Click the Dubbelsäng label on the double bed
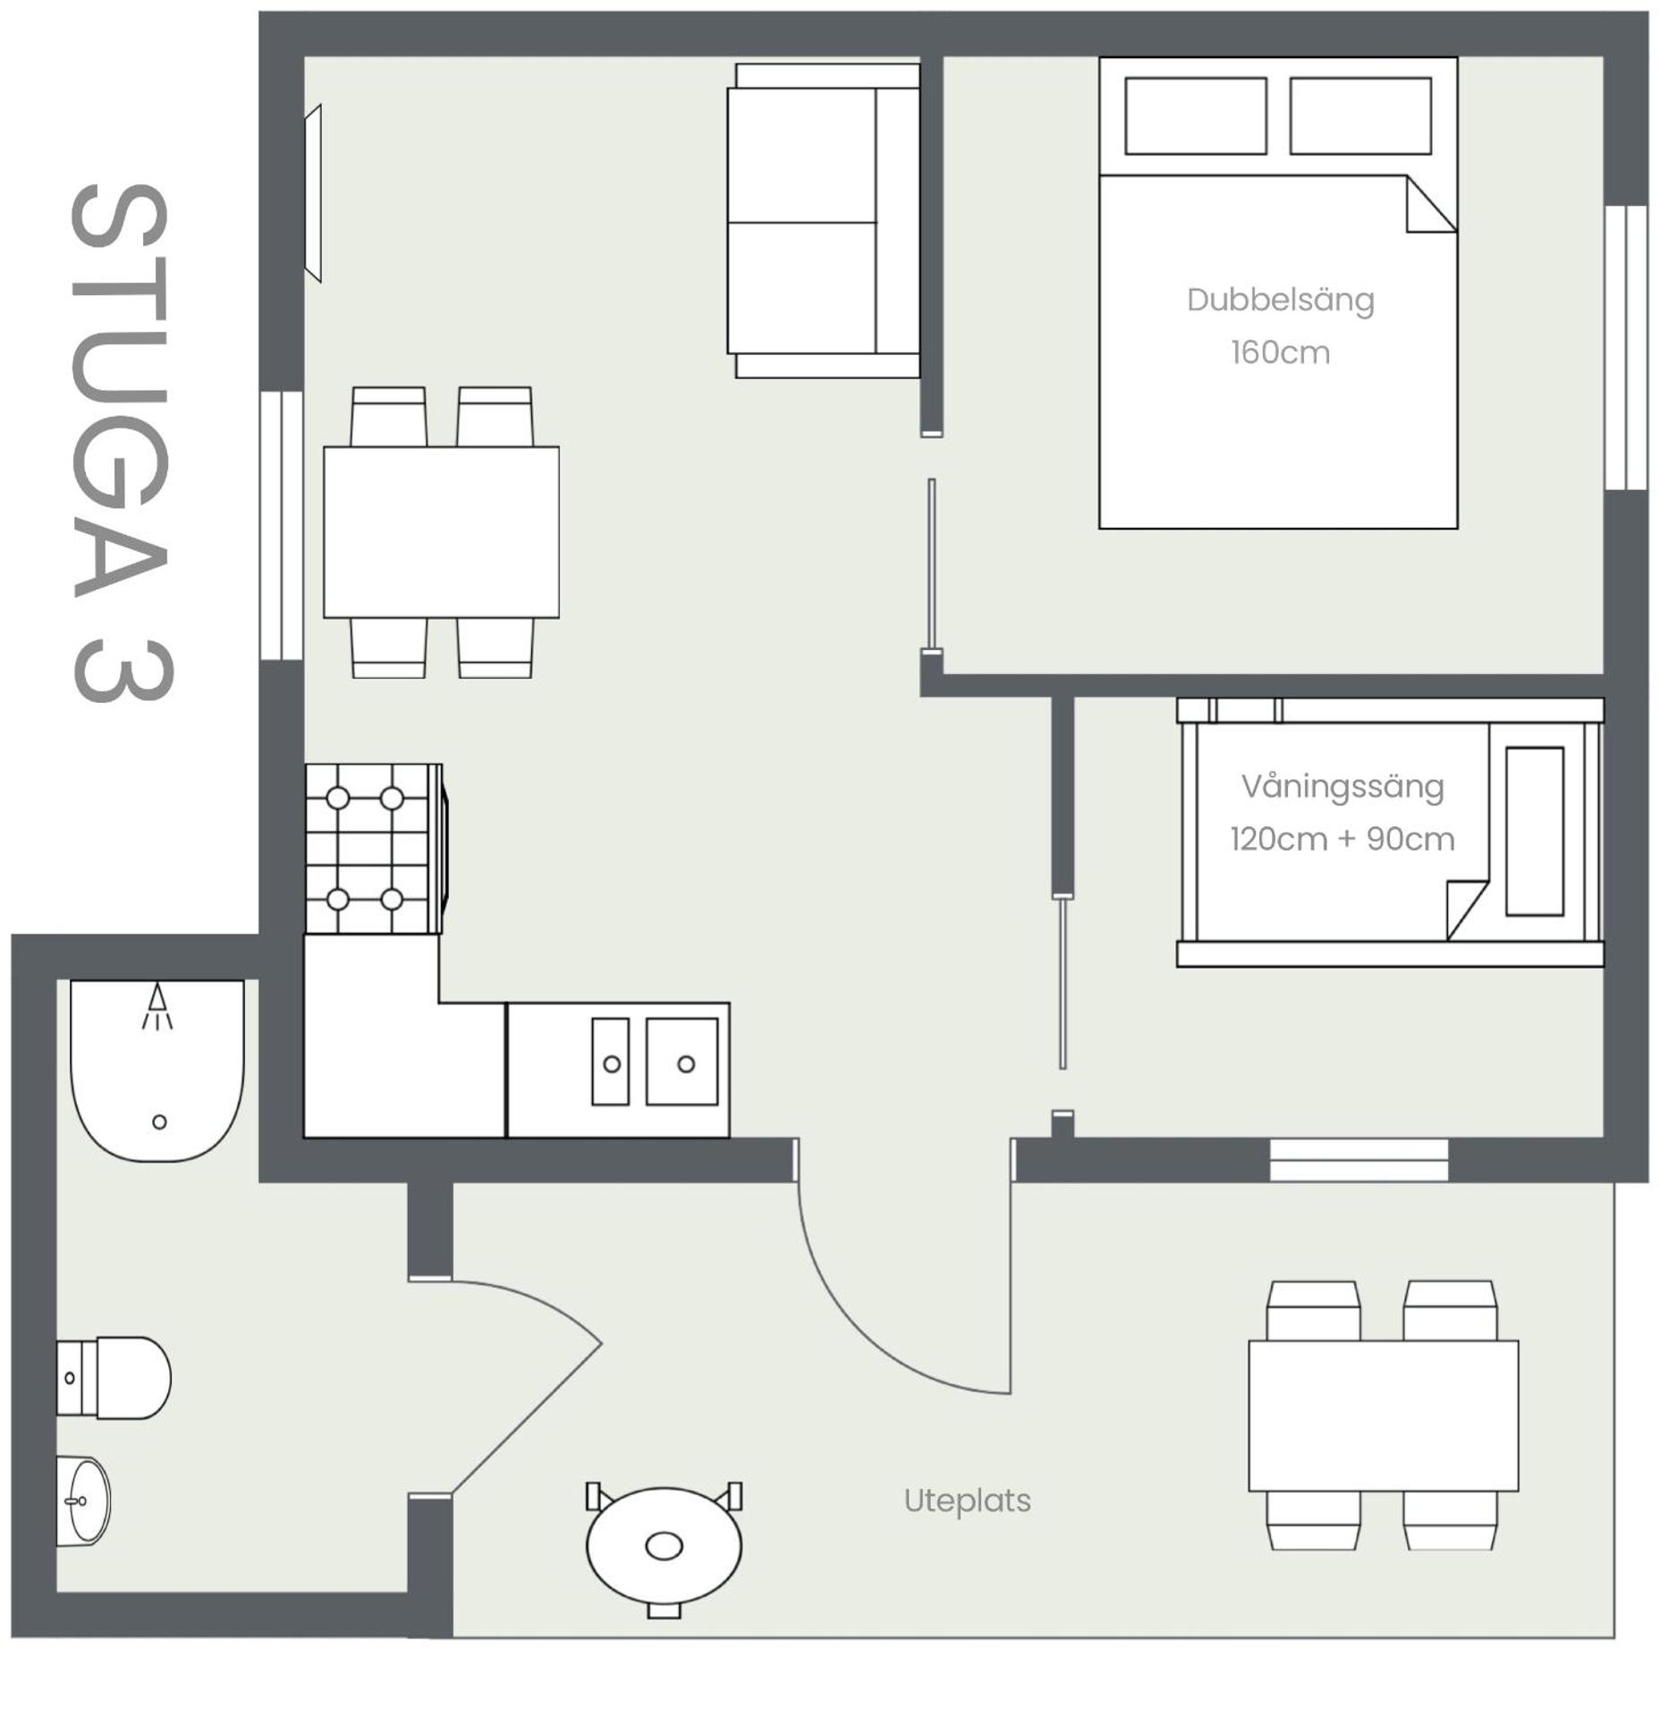[x=1279, y=300]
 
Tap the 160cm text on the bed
[x=1279, y=352]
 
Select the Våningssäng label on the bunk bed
[x=1342, y=786]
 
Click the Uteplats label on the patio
[x=966, y=1500]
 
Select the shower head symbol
[x=157, y=1005]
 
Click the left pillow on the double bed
[x=1195, y=115]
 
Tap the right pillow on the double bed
[x=1359, y=115]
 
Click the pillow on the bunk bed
[x=1533, y=831]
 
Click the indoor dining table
[x=441, y=531]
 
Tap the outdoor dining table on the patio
[x=1382, y=1415]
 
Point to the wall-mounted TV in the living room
[x=312, y=192]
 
